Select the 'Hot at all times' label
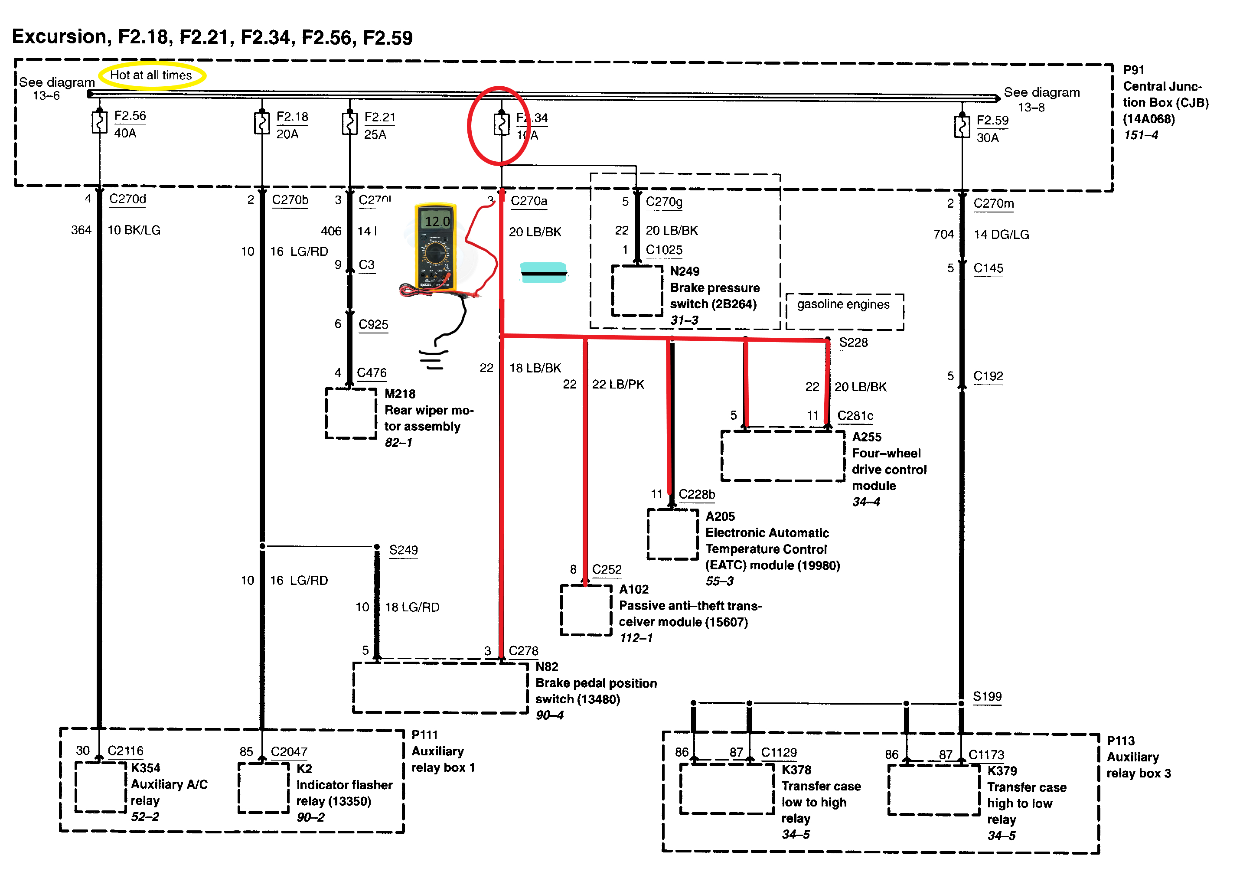pyautogui.click(x=151, y=75)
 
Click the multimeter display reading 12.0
pyautogui.click(x=437, y=221)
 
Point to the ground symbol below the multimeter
pyautogui.click(x=434, y=359)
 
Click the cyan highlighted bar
pyautogui.click(x=543, y=272)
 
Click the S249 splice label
pyautogui.click(x=403, y=550)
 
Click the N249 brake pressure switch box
pyautogui.click(x=637, y=291)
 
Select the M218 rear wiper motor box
pyautogui.click(x=351, y=413)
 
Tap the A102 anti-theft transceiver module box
pyautogui.click(x=586, y=610)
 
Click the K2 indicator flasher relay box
pyautogui.click(x=264, y=788)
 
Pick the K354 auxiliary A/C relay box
pyautogui.click(x=101, y=787)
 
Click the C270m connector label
pyautogui.click(x=993, y=204)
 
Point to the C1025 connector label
pyautogui.click(x=664, y=250)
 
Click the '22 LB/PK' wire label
pyautogui.click(x=618, y=385)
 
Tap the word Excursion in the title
pyautogui.click(x=59, y=36)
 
